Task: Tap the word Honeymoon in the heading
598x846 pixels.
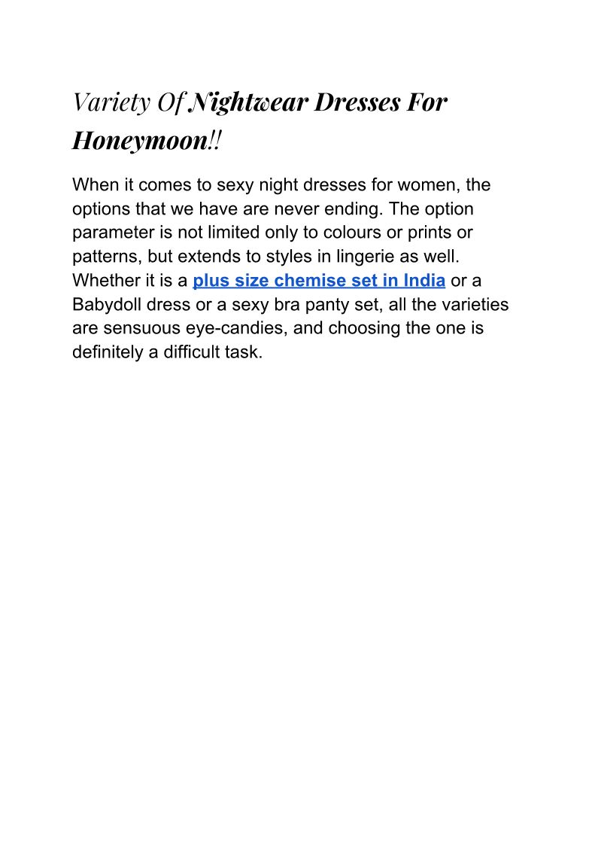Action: point(139,140)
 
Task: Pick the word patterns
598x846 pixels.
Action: point(102,257)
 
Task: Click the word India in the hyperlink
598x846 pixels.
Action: point(424,281)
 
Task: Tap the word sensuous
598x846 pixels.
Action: point(148,329)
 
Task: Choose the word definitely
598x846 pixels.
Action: point(108,353)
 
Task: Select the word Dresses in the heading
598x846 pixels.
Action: point(356,102)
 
